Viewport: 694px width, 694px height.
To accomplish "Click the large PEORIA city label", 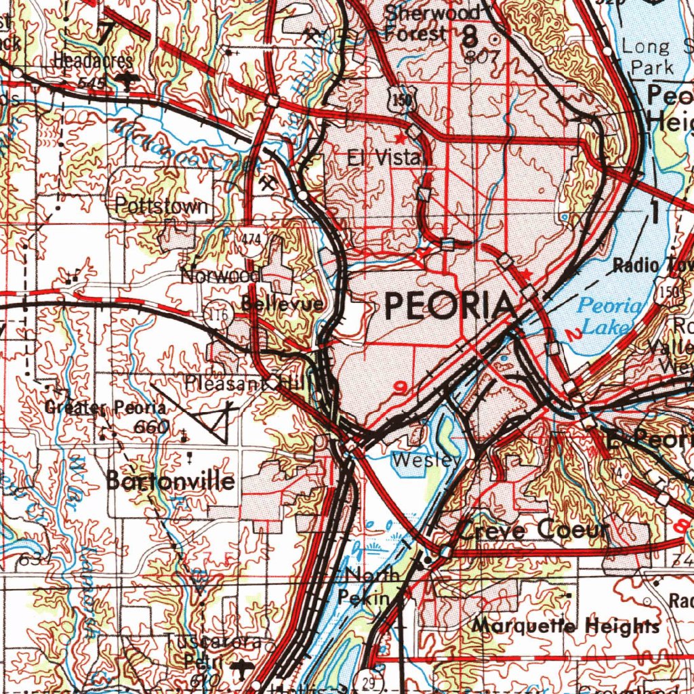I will [x=448, y=306].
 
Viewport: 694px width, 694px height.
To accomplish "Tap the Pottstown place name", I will [x=161, y=206].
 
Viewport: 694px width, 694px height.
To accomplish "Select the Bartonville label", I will [x=171, y=481].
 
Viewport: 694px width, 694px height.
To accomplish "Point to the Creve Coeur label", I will [x=533, y=530].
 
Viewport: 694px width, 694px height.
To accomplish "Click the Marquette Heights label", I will [x=565, y=625].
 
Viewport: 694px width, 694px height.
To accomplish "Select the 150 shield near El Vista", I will [x=405, y=101].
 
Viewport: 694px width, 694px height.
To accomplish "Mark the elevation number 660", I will [x=151, y=427].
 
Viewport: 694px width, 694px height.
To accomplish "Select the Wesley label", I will [x=428, y=460].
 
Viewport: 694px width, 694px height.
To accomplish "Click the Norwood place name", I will [x=221, y=276].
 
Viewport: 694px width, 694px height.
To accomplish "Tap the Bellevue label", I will [x=282, y=304].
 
